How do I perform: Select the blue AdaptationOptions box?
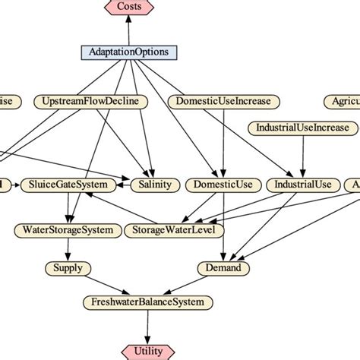pos(129,52)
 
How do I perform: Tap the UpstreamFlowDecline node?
pos(90,101)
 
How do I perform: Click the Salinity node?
pos(156,185)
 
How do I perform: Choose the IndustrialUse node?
pos(302,185)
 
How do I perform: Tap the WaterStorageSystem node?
pos(68,229)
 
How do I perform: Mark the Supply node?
pos(68,268)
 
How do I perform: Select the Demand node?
pos(224,268)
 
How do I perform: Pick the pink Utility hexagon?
pos(148,350)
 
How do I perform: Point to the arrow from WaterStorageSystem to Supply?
pos(68,248)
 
